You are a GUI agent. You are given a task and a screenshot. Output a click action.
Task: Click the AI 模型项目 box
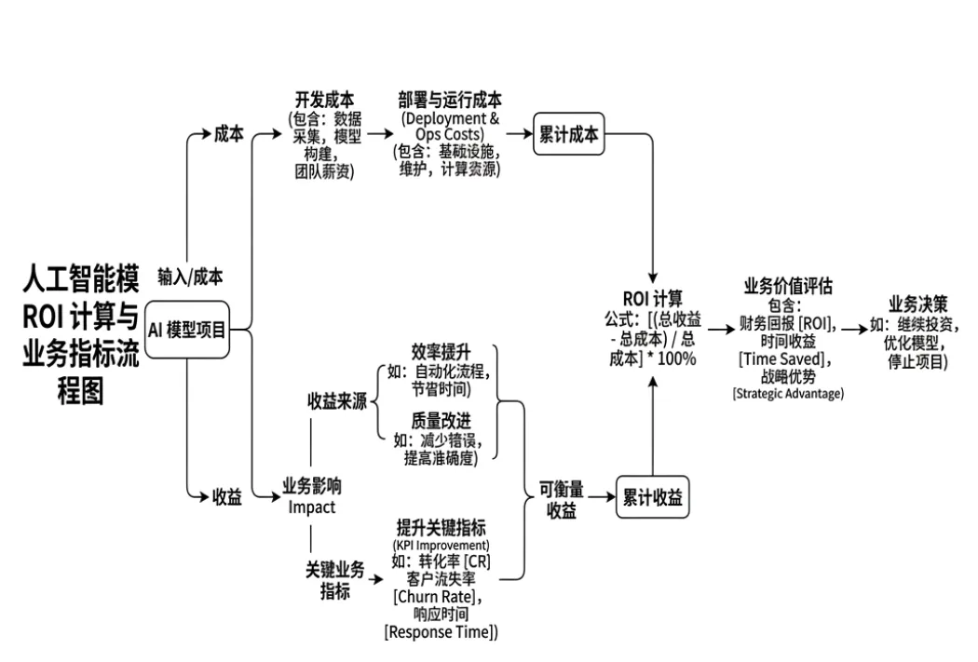tap(188, 329)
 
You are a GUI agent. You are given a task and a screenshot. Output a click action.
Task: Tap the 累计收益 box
tap(652, 498)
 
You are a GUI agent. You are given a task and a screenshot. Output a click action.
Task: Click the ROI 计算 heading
tap(652, 299)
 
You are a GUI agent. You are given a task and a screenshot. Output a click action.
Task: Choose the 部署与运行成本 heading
tap(450, 101)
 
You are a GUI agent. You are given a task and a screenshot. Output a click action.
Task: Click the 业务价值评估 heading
tap(788, 286)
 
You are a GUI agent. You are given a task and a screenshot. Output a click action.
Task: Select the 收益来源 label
tap(337, 401)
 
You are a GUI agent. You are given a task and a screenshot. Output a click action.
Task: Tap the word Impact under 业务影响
tap(311, 507)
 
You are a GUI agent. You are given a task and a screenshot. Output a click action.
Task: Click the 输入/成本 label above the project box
tap(190, 277)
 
